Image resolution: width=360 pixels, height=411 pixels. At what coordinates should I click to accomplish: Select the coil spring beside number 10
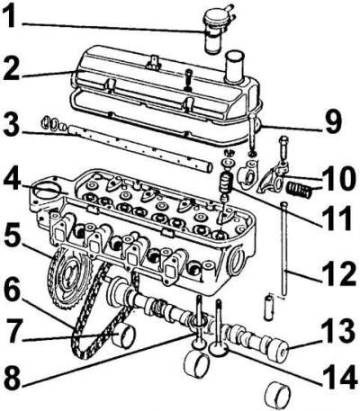[x=299, y=191]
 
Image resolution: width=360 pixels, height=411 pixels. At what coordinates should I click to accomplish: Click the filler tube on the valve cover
[x=236, y=67]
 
